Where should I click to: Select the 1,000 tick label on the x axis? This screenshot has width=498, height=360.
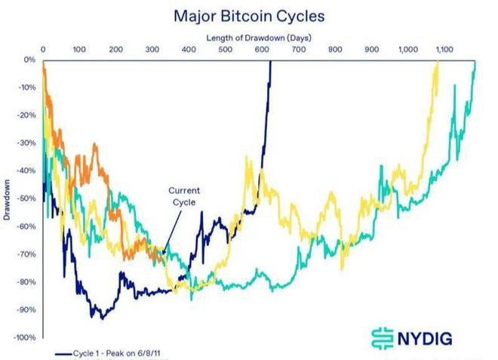407,49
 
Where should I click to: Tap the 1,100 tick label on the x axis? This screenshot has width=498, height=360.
444,49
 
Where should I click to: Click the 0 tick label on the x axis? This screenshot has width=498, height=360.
43,49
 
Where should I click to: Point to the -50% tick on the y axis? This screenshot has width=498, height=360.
26,198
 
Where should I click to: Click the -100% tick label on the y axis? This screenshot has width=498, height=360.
25,337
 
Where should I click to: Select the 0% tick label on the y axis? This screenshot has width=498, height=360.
29,60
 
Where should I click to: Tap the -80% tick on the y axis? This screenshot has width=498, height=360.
26,282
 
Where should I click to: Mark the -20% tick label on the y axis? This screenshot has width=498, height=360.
26,115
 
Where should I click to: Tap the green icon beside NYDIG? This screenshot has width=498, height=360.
383,337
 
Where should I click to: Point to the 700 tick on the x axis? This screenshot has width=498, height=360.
298,49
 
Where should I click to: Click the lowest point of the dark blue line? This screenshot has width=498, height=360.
101,318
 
